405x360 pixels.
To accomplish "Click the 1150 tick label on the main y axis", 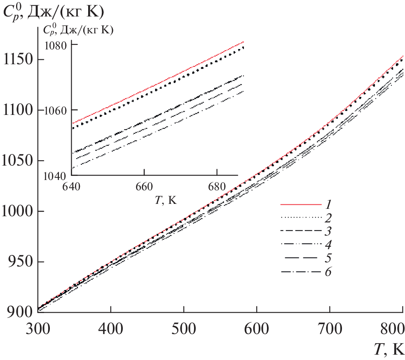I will click(x=17, y=59).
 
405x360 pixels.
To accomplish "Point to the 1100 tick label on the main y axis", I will click(x=17, y=110).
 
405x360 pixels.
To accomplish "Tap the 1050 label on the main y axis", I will click(x=17, y=161).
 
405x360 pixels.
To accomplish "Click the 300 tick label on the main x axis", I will click(x=37, y=330).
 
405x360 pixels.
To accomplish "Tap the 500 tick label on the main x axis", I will click(x=184, y=330).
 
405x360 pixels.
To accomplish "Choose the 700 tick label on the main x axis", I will click(x=330, y=330).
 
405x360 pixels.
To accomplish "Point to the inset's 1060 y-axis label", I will click(x=56, y=110).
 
